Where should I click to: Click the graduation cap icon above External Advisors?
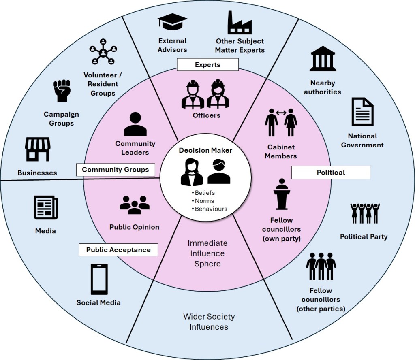click(172, 23)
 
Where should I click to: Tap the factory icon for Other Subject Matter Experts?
click(239, 23)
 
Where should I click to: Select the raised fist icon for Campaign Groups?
click(62, 91)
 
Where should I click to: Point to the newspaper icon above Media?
click(45, 208)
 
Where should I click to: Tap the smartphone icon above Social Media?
click(99, 279)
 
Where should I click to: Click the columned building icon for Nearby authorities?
click(323, 59)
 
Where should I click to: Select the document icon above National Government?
click(362, 111)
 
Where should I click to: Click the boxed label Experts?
click(207, 65)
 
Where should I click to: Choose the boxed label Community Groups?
click(116, 170)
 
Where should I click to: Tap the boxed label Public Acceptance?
click(118, 250)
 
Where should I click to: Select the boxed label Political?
click(331, 173)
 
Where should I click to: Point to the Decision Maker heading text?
click(206, 150)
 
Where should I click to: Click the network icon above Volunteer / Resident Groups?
click(103, 51)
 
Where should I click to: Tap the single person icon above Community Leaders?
click(135, 124)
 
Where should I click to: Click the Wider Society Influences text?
click(209, 322)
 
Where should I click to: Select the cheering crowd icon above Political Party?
click(365, 213)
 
